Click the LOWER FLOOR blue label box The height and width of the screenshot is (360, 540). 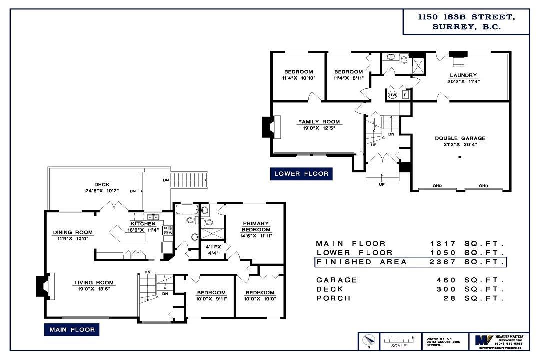point(301,173)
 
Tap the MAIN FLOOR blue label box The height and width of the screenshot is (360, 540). point(72,330)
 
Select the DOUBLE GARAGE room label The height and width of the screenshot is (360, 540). point(460,138)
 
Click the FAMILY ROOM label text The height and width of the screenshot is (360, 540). point(319,122)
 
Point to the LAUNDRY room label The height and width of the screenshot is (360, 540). point(462,75)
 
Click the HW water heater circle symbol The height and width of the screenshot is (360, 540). point(392,95)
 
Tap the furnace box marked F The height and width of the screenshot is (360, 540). point(405,94)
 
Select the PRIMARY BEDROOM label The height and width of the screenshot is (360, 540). point(256,226)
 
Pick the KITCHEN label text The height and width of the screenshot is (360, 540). point(143,224)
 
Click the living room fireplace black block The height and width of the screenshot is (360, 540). point(41,287)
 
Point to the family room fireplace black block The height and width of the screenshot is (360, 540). point(268,127)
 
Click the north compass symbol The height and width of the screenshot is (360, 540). point(369,342)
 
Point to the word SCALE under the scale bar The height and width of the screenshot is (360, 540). point(398,345)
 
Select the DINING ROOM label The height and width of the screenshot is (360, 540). point(73,232)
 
